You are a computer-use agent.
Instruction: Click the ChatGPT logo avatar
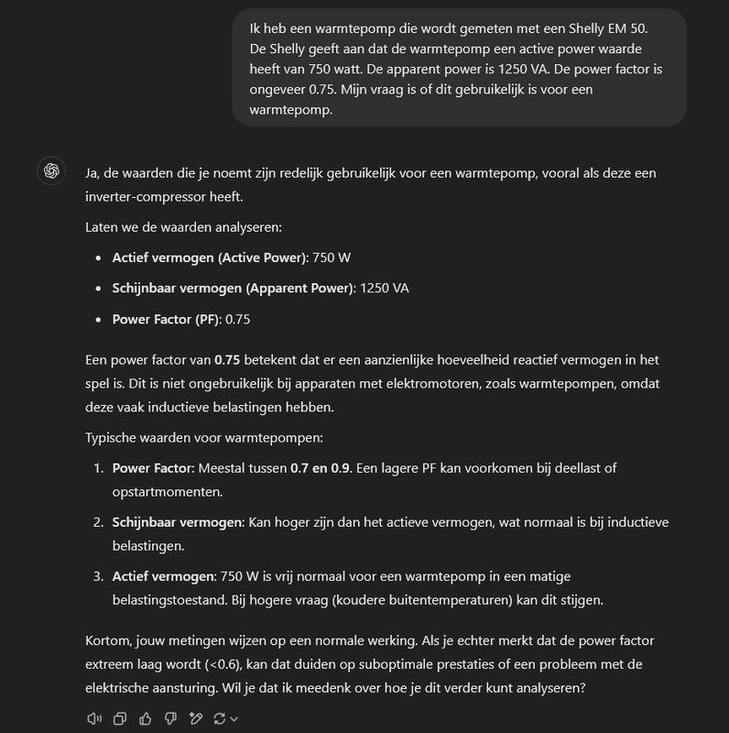coord(51,170)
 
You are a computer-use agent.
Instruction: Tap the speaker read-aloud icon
coord(93,719)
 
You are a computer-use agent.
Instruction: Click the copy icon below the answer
coord(119,719)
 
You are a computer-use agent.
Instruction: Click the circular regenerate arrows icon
coord(221,719)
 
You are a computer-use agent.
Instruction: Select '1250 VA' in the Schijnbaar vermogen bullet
coord(385,288)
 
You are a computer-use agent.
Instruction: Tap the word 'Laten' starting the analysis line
coord(102,226)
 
